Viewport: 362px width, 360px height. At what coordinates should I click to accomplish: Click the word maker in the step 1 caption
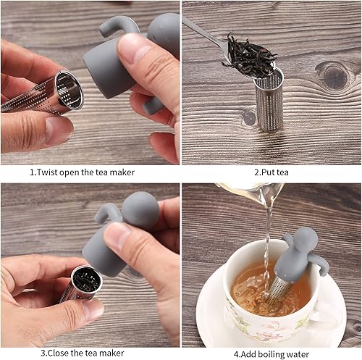122,172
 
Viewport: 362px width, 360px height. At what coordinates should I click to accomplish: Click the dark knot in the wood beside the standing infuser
335,77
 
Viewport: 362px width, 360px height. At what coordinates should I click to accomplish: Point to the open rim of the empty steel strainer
69,90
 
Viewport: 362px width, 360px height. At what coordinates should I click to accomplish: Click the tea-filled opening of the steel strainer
87,281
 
